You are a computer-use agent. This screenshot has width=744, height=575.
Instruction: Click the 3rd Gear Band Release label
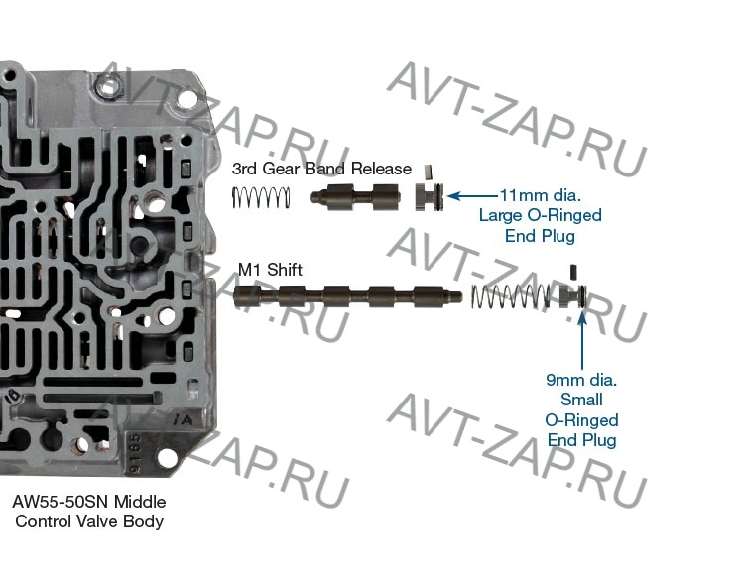321,169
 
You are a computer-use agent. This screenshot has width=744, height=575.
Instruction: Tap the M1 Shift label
270,269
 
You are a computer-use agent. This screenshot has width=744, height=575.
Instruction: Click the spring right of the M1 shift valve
509,295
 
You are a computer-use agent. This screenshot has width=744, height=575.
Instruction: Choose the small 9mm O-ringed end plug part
575,295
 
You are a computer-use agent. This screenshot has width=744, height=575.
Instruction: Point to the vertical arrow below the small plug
581,337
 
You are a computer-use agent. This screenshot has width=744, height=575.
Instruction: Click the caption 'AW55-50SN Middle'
82,502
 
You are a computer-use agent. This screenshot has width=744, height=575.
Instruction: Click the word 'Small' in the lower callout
581,400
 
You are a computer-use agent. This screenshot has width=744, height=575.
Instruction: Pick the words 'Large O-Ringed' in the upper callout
540,216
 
